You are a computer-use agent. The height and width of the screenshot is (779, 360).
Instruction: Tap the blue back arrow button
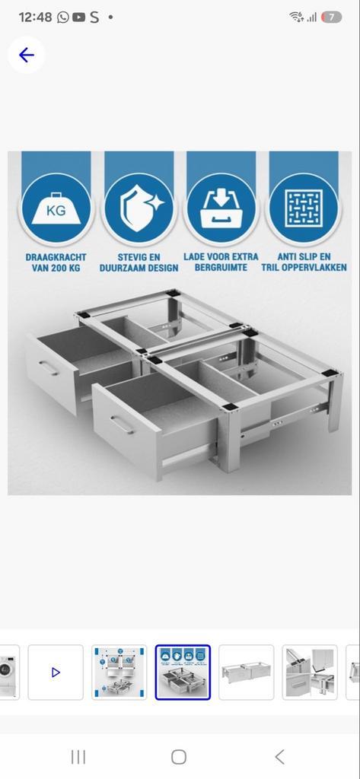tap(27, 55)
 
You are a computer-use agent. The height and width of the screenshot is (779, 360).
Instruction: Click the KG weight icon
tap(56, 208)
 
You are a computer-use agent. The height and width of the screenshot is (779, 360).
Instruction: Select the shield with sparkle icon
tap(139, 208)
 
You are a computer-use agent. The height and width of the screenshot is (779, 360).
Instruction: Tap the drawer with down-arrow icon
tap(221, 208)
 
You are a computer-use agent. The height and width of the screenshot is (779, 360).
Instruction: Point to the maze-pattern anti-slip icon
tap(304, 208)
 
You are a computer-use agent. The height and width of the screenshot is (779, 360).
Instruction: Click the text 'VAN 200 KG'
tap(56, 268)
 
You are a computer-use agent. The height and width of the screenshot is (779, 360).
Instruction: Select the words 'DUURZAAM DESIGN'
tap(139, 268)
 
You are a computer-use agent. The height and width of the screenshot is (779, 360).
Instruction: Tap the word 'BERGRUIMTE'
tap(221, 268)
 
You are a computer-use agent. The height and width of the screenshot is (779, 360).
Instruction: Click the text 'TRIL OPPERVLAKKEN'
tap(304, 268)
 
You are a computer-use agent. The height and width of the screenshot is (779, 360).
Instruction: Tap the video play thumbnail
tap(56, 672)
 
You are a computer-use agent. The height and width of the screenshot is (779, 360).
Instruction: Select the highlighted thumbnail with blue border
tap(183, 672)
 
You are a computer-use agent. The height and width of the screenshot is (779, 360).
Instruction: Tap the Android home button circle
tap(179, 756)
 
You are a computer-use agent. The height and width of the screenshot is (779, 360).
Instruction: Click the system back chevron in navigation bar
tap(279, 756)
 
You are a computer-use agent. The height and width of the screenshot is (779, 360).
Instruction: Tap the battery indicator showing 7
tap(331, 17)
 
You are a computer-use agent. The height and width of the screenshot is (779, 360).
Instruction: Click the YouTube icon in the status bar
tap(78, 17)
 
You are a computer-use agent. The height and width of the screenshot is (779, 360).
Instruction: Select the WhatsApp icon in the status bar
tap(62, 17)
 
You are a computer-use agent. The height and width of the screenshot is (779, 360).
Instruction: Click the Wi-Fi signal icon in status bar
tap(296, 17)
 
